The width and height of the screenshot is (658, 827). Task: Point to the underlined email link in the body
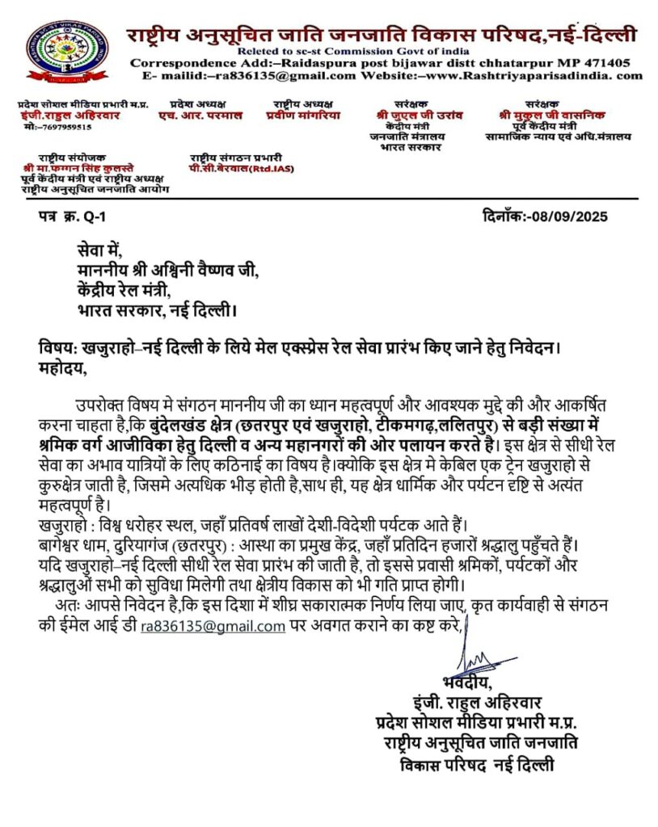click(213, 626)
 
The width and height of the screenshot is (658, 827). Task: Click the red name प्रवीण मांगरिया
click(302, 115)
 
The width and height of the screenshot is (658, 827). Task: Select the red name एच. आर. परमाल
click(200, 115)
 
